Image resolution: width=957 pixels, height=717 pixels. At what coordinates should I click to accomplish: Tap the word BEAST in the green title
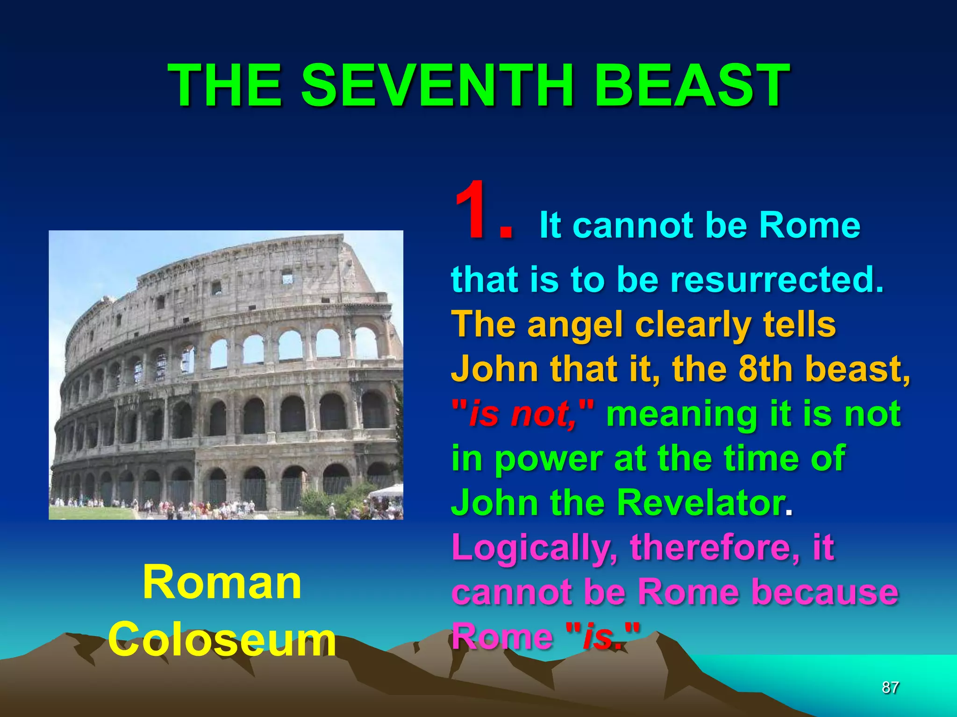[x=692, y=85]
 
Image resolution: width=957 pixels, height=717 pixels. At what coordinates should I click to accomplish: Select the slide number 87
[x=890, y=688]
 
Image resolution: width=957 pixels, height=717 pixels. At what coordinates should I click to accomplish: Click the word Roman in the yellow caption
[x=222, y=583]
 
